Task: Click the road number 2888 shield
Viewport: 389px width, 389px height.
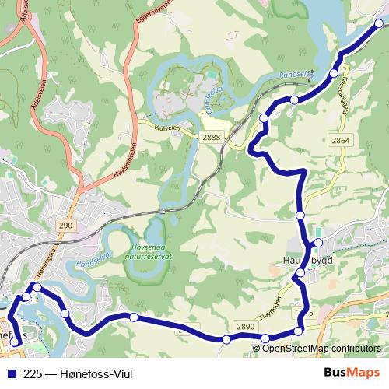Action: click(x=211, y=137)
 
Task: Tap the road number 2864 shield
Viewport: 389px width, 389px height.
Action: click(x=341, y=140)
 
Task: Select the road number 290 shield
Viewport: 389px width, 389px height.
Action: click(x=65, y=225)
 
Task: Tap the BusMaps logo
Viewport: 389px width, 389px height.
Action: click(x=352, y=373)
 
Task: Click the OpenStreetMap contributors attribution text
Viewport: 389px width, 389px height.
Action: click(x=321, y=349)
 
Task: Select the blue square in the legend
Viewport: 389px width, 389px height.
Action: click(x=11, y=373)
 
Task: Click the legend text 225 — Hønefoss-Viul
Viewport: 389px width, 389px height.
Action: click(x=72, y=373)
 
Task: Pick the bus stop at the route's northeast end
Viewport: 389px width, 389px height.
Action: click(x=380, y=24)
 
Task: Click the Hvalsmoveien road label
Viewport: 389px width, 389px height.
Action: click(x=121, y=164)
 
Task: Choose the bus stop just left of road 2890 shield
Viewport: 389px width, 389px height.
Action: click(x=226, y=339)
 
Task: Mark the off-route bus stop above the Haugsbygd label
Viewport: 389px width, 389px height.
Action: click(x=317, y=242)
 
